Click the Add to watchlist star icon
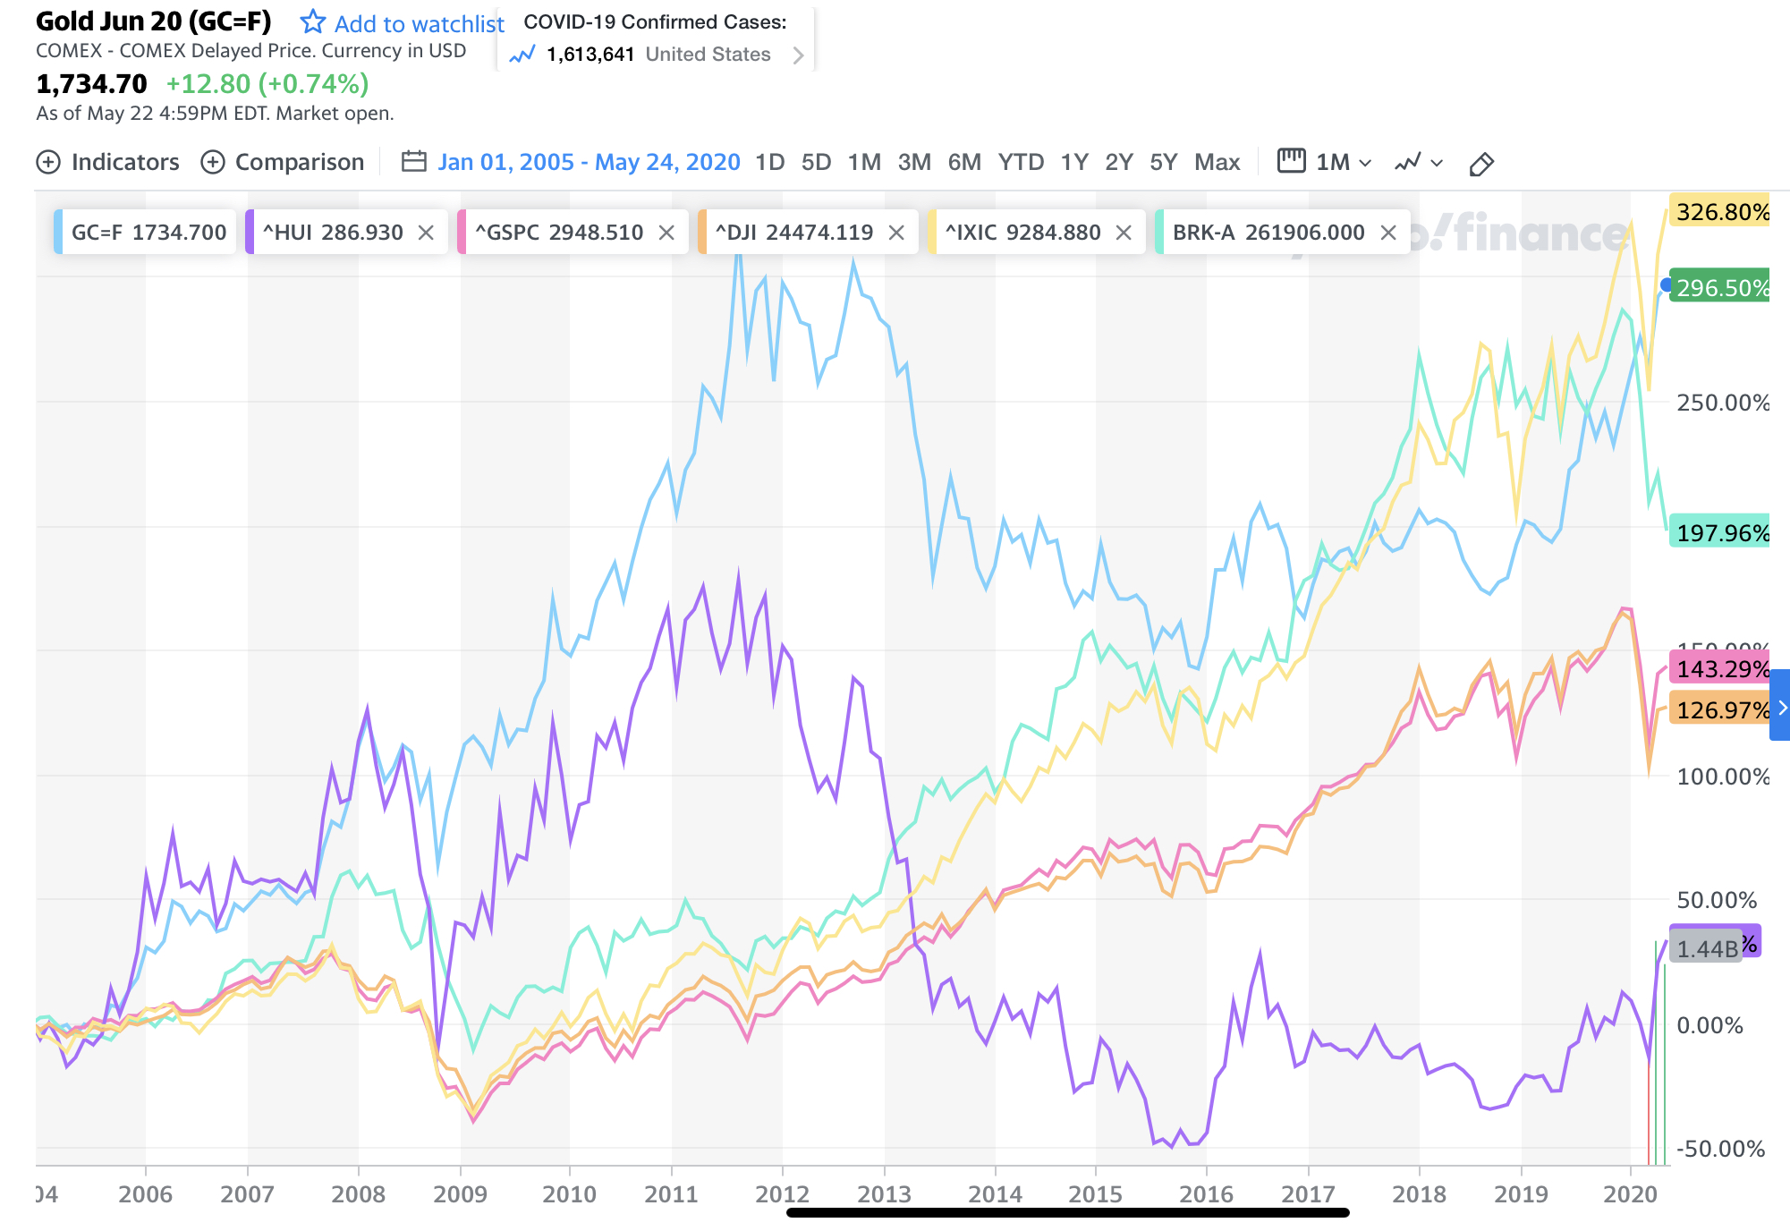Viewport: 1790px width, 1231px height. (x=312, y=22)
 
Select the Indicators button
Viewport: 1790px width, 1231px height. (x=108, y=162)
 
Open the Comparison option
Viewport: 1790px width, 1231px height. (x=283, y=162)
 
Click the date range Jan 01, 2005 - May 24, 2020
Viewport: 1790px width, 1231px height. (x=588, y=162)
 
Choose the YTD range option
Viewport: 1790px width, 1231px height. (x=1021, y=162)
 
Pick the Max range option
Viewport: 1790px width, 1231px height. (x=1217, y=162)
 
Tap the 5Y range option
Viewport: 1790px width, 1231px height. (x=1163, y=162)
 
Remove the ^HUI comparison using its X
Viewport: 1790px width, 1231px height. (x=426, y=233)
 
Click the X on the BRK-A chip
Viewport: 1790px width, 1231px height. (x=1388, y=233)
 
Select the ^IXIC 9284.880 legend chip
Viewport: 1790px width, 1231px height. (x=1022, y=233)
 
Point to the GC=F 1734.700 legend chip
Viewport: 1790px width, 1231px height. (x=148, y=233)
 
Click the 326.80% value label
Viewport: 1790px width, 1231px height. (x=1721, y=212)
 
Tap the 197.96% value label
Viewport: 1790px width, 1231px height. (x=1721, y=533)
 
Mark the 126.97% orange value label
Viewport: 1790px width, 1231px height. (x=1721, y=710)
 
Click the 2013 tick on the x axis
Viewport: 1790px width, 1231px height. (x=884, y=1193)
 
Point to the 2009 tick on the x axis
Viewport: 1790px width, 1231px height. (x=460, y=1193)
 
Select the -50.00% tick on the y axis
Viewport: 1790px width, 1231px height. (x=1720, y=1149)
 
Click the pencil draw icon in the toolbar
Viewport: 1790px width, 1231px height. (x=1481, y=164)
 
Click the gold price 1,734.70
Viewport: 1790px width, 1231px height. (x=91, y=84)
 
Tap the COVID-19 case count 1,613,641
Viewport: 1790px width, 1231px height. (x=590, y=55)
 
